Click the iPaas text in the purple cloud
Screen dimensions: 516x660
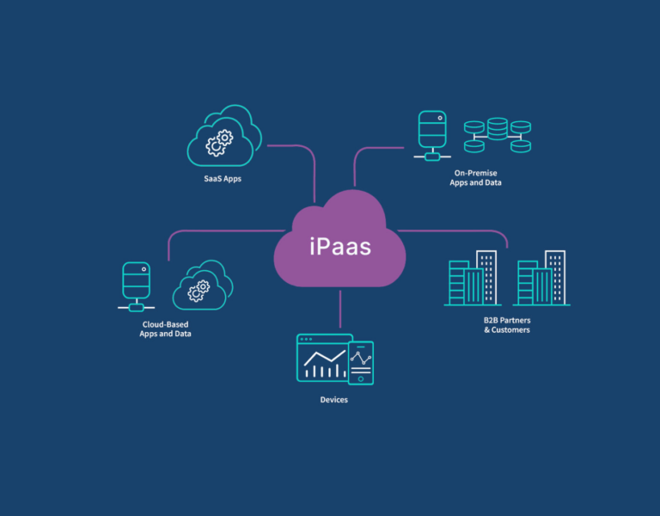[339, 247]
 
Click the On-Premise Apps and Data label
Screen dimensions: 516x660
[475, 178]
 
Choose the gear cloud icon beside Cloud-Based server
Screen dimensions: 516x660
[204, 286]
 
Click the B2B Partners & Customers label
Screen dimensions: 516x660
[507, 324]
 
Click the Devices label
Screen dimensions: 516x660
[333, 400]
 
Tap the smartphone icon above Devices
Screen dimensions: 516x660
[361, 362]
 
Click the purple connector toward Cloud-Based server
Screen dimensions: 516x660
[223, 230]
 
